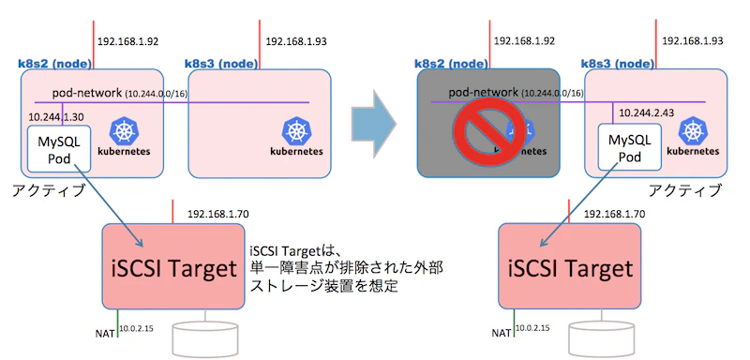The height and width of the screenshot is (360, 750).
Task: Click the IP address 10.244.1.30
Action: click(56, 117)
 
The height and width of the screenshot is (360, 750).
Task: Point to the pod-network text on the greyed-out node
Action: click(483, 93)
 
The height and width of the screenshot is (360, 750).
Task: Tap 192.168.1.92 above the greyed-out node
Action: click(524, 42)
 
